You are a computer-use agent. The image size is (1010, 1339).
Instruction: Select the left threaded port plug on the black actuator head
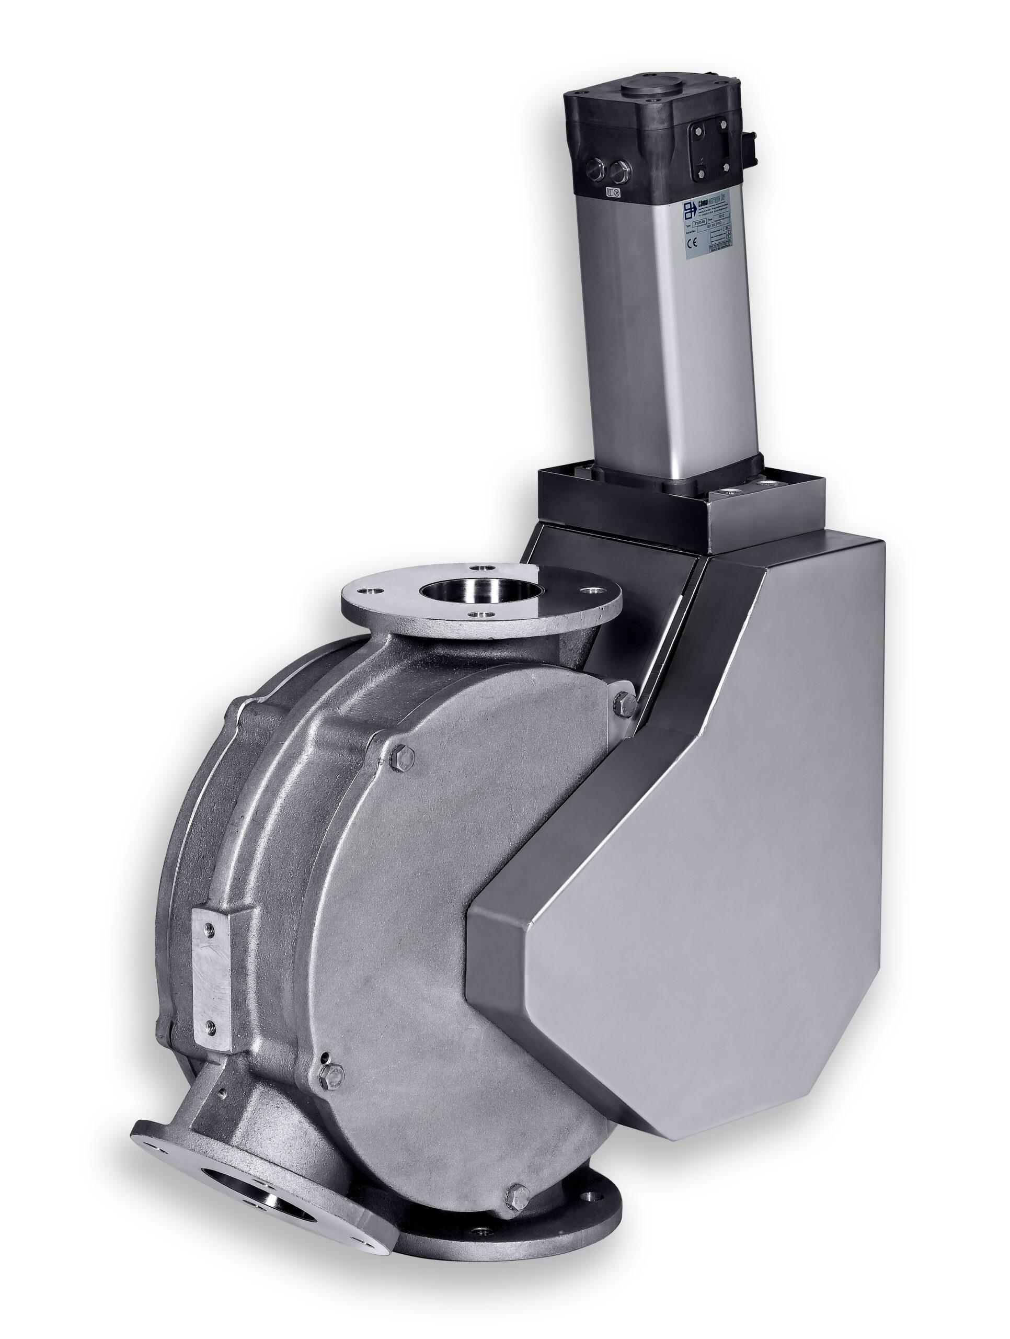click(x=595, y=168)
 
